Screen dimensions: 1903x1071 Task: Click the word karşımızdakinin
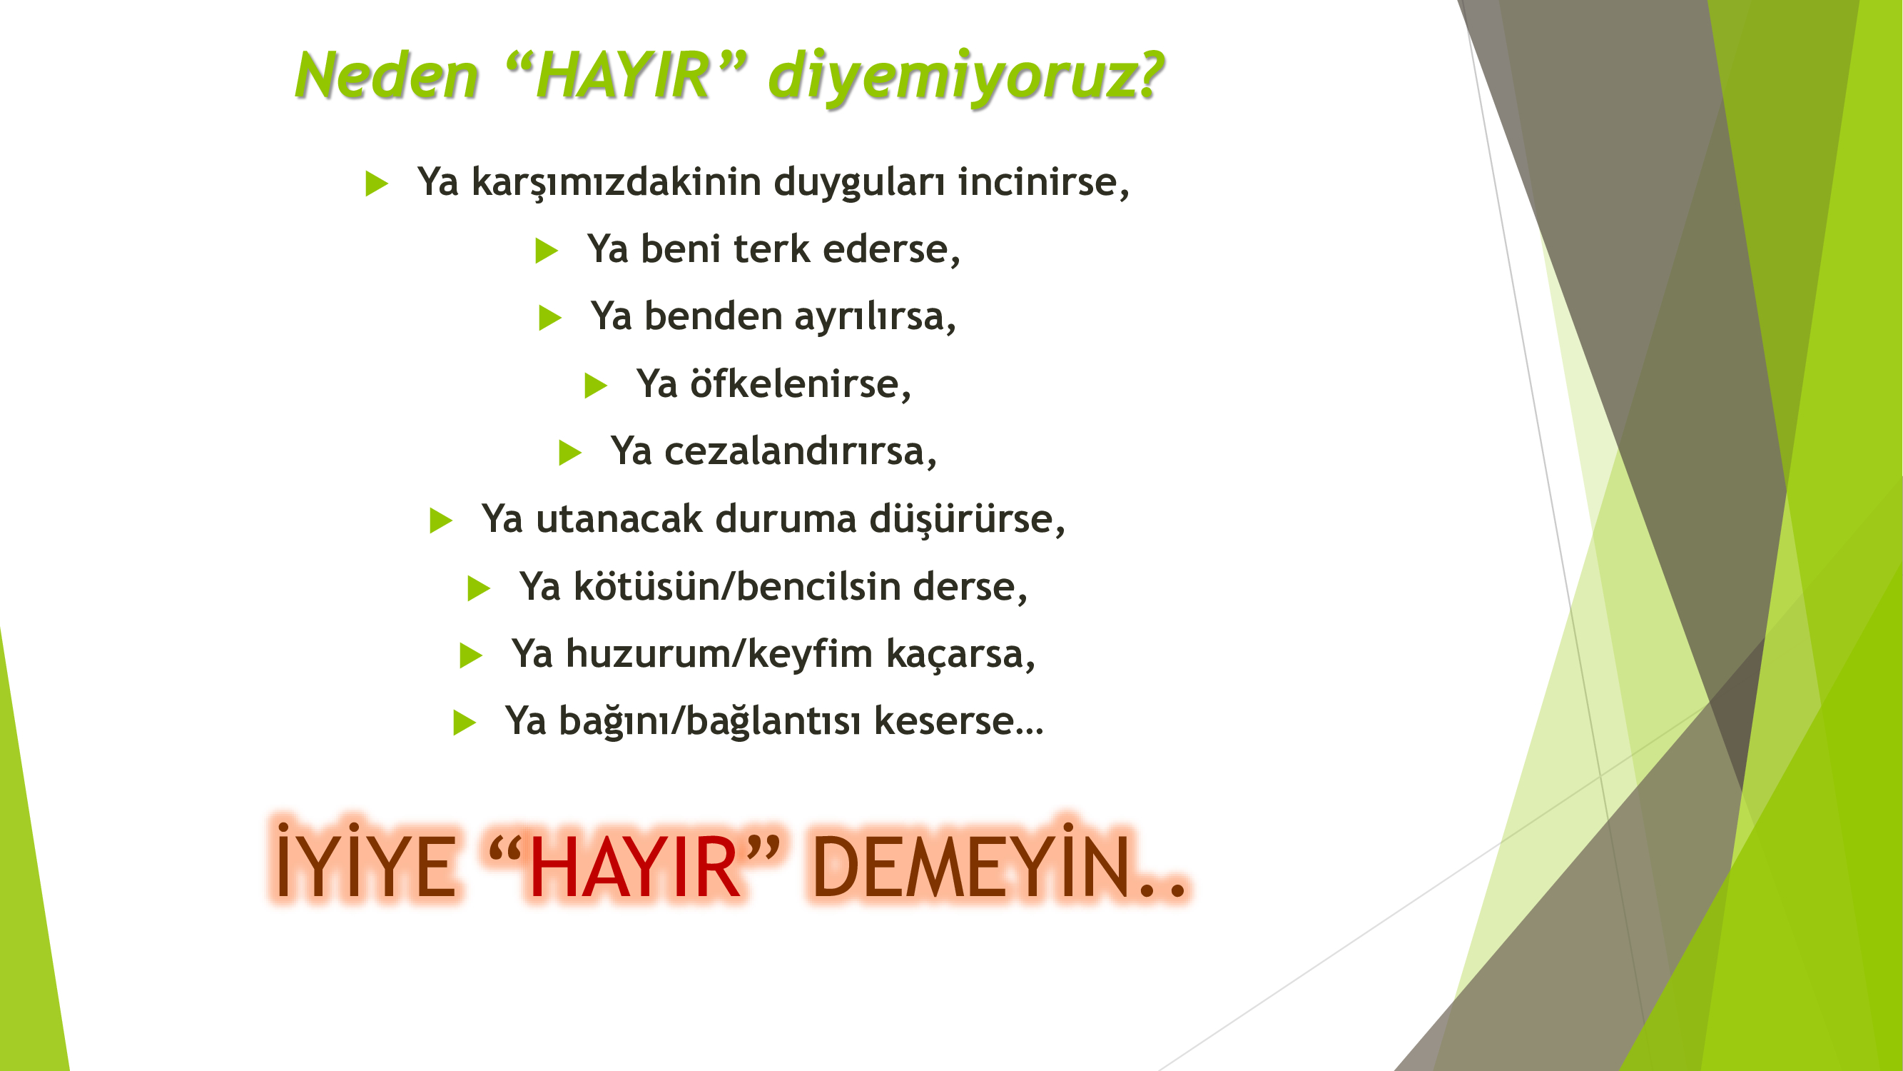coord(616,183)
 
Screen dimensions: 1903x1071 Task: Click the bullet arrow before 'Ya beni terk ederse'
coord(547,250)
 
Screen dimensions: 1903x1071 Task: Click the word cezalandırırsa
coord(801,451)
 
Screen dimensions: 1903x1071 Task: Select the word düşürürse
coord(967,519)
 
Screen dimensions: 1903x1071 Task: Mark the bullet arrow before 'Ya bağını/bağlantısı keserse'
coord(465,722)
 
